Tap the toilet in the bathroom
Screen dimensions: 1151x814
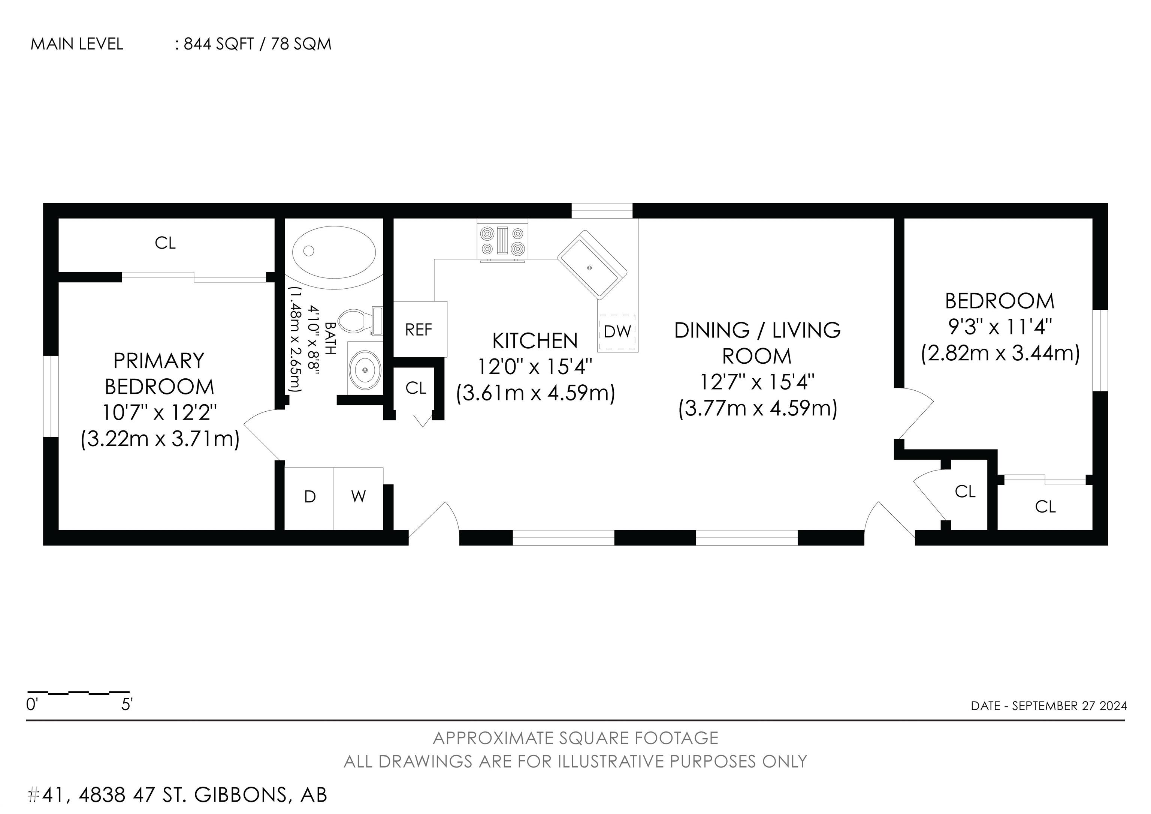click(x=360, y=321)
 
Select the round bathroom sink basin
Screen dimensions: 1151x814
click(x=365, y=370)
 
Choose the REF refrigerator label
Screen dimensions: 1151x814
click(x=419, y=330)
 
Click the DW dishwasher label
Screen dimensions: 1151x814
click(x=617, y=331)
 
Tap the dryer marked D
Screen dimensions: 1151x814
click(x=309, y=498)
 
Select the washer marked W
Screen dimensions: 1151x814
click(x=359, y=498)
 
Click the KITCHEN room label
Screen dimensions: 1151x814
click(x=535, y=341)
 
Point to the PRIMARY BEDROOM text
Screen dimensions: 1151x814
click(x=159, y=374)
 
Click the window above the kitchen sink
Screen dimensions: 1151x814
click(x=602, y=211)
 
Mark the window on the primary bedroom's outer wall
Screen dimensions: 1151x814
click(x=51, y=397)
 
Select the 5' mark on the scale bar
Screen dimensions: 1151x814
click(x=127, y=705)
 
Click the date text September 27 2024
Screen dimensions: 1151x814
click(x=1069, y=706)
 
